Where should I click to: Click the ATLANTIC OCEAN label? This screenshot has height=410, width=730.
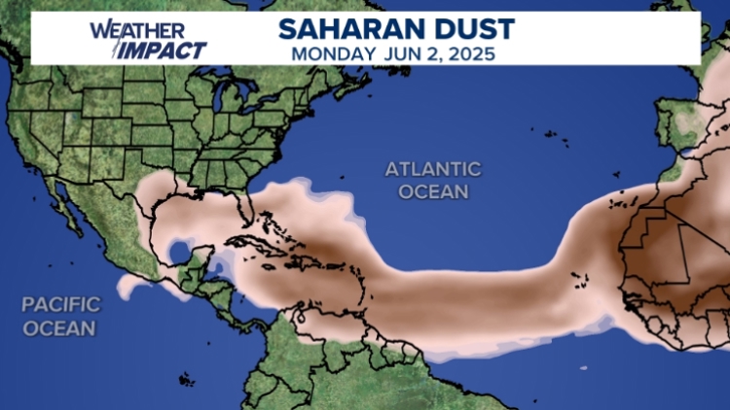click(x=432, y=180)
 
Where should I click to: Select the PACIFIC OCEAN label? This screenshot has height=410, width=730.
click(x=60, y=317)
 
